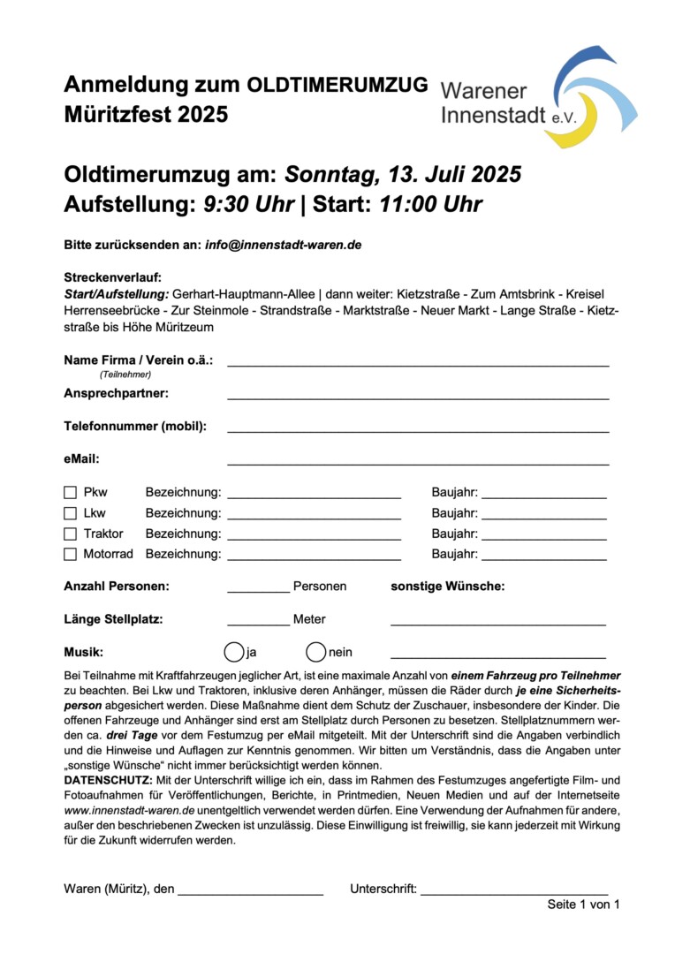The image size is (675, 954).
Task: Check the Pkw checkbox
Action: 71,493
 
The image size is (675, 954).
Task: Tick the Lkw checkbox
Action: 71,513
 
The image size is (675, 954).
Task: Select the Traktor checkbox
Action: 71,534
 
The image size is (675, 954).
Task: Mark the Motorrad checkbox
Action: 71,555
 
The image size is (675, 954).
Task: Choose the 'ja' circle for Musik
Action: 234,653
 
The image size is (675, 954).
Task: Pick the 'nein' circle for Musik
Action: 316,653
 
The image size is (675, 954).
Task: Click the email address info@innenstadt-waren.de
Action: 284,245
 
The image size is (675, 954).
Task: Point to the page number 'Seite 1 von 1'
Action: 583,905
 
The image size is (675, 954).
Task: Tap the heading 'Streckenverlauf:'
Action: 112,277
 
